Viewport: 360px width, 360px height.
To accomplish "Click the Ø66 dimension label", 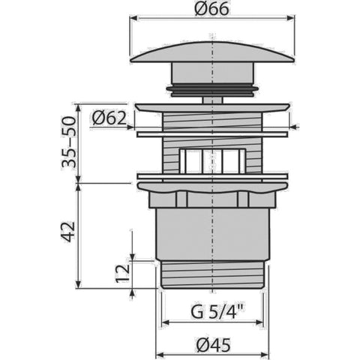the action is pos(211,9).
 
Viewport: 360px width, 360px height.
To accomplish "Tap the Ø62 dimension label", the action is pos(109,118).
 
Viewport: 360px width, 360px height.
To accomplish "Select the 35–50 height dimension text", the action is pos(69,142).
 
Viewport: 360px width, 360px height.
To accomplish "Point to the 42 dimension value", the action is pos(68,232).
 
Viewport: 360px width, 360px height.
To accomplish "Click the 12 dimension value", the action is pos(123,273).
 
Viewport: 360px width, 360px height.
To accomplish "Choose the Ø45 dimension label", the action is pos(213,345).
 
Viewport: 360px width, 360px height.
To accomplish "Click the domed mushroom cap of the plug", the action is pos(212,52).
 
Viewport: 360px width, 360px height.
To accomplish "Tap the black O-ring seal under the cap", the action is pos(212,90).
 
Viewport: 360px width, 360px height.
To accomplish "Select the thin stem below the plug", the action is pos(212,100).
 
